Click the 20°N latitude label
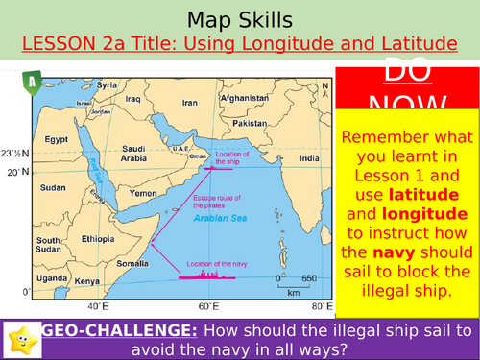point(13,173)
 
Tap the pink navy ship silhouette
point(206,276)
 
